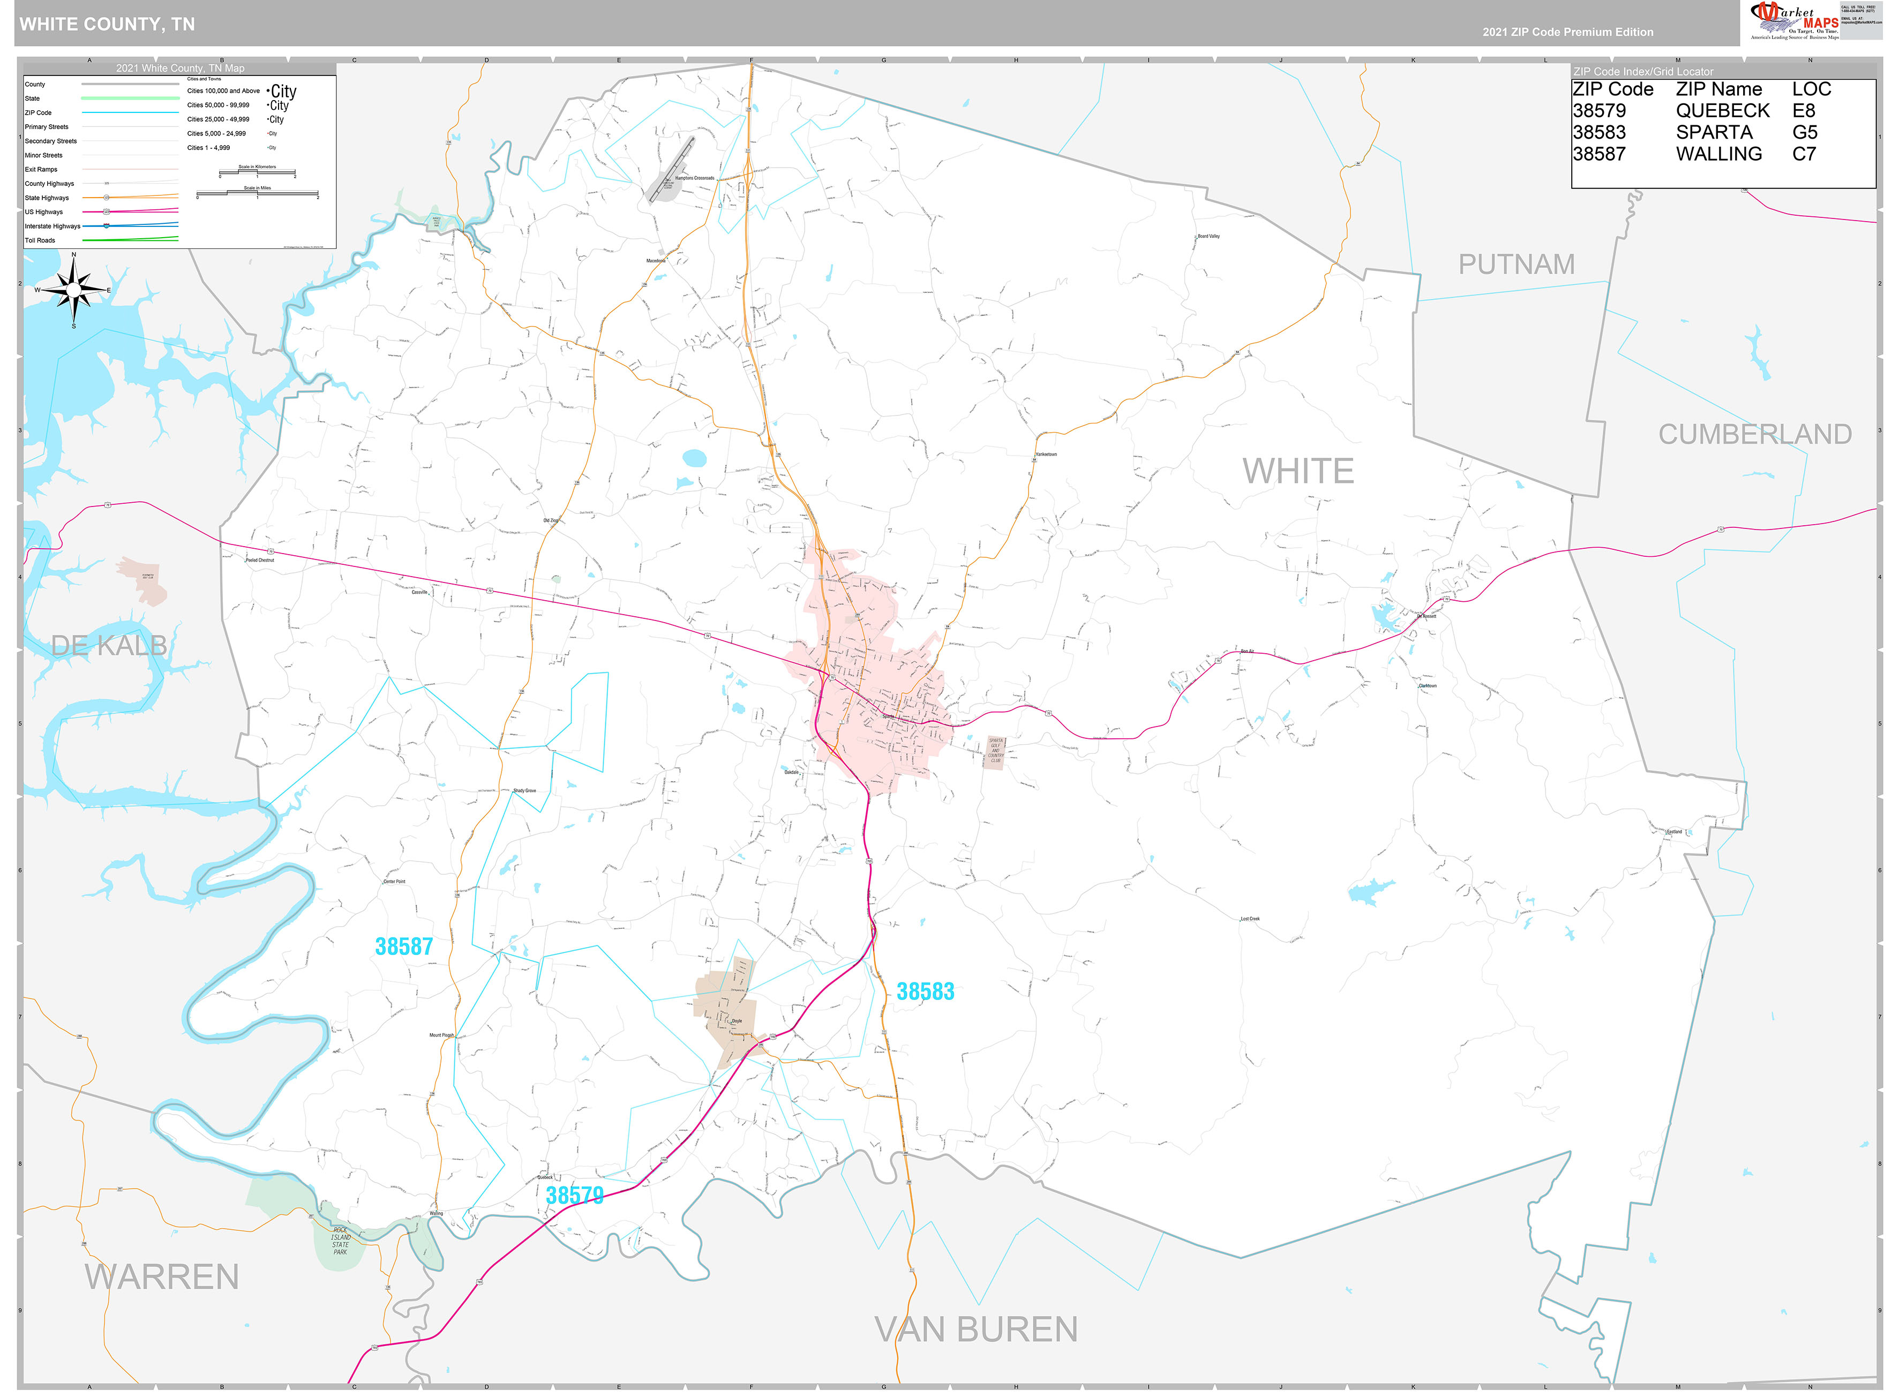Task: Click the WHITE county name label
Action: [1297, 471]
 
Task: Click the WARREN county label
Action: [161, 1276]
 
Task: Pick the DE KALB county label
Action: [109, 646]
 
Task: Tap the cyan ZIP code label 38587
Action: [404, 946]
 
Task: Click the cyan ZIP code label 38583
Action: [925, 991]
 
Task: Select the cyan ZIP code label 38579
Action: [574, 1195]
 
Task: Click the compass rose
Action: [73, 290]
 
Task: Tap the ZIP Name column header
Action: [1718, 89]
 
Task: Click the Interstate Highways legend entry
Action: [52, 226]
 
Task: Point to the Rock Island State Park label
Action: [340, 1240]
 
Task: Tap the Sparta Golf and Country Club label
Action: [995, 750]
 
